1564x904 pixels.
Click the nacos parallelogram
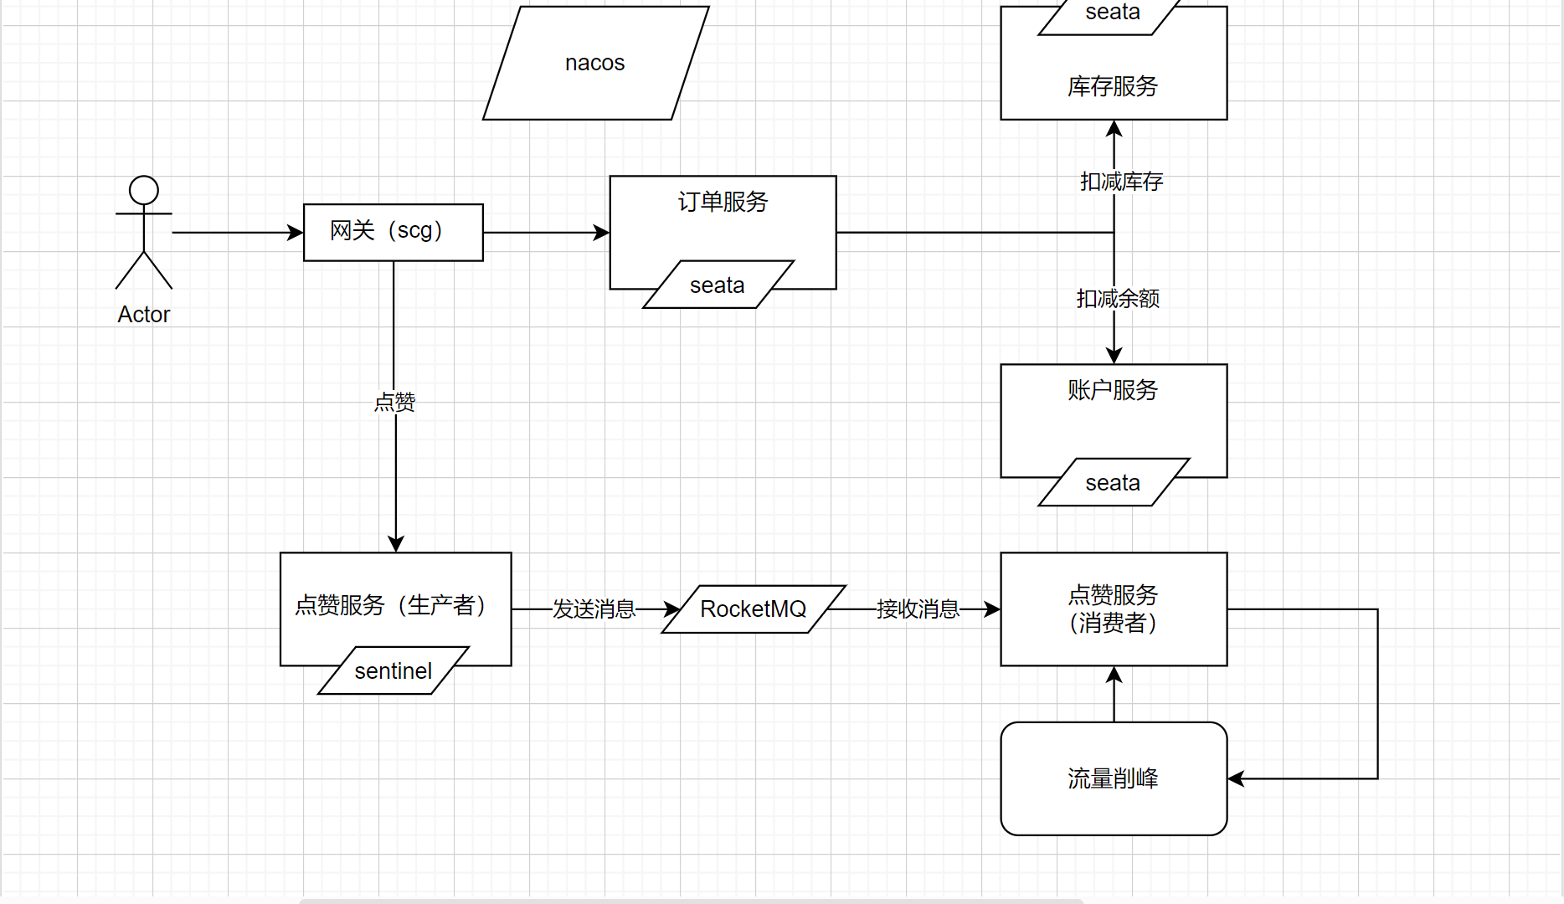595,63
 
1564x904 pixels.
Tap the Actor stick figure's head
144,190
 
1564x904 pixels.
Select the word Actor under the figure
144,315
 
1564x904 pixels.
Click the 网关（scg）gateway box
393,232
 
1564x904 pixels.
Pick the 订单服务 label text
723,202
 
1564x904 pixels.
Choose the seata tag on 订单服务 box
718,285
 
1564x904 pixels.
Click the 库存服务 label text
1113,86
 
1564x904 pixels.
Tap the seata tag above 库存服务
1113,13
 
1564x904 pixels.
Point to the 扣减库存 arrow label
1121,182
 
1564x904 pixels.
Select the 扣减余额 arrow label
1118,299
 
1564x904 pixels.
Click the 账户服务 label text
1113,390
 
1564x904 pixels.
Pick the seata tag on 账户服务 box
1113,483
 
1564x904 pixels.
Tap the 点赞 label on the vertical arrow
395,403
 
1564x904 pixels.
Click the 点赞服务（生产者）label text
391,605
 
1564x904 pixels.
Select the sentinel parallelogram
393,671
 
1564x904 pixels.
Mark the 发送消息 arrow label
594,609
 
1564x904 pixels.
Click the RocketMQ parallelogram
754,609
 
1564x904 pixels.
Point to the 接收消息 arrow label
918,609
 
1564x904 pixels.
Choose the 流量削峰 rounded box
1113,778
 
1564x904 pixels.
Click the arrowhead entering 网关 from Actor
296,233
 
